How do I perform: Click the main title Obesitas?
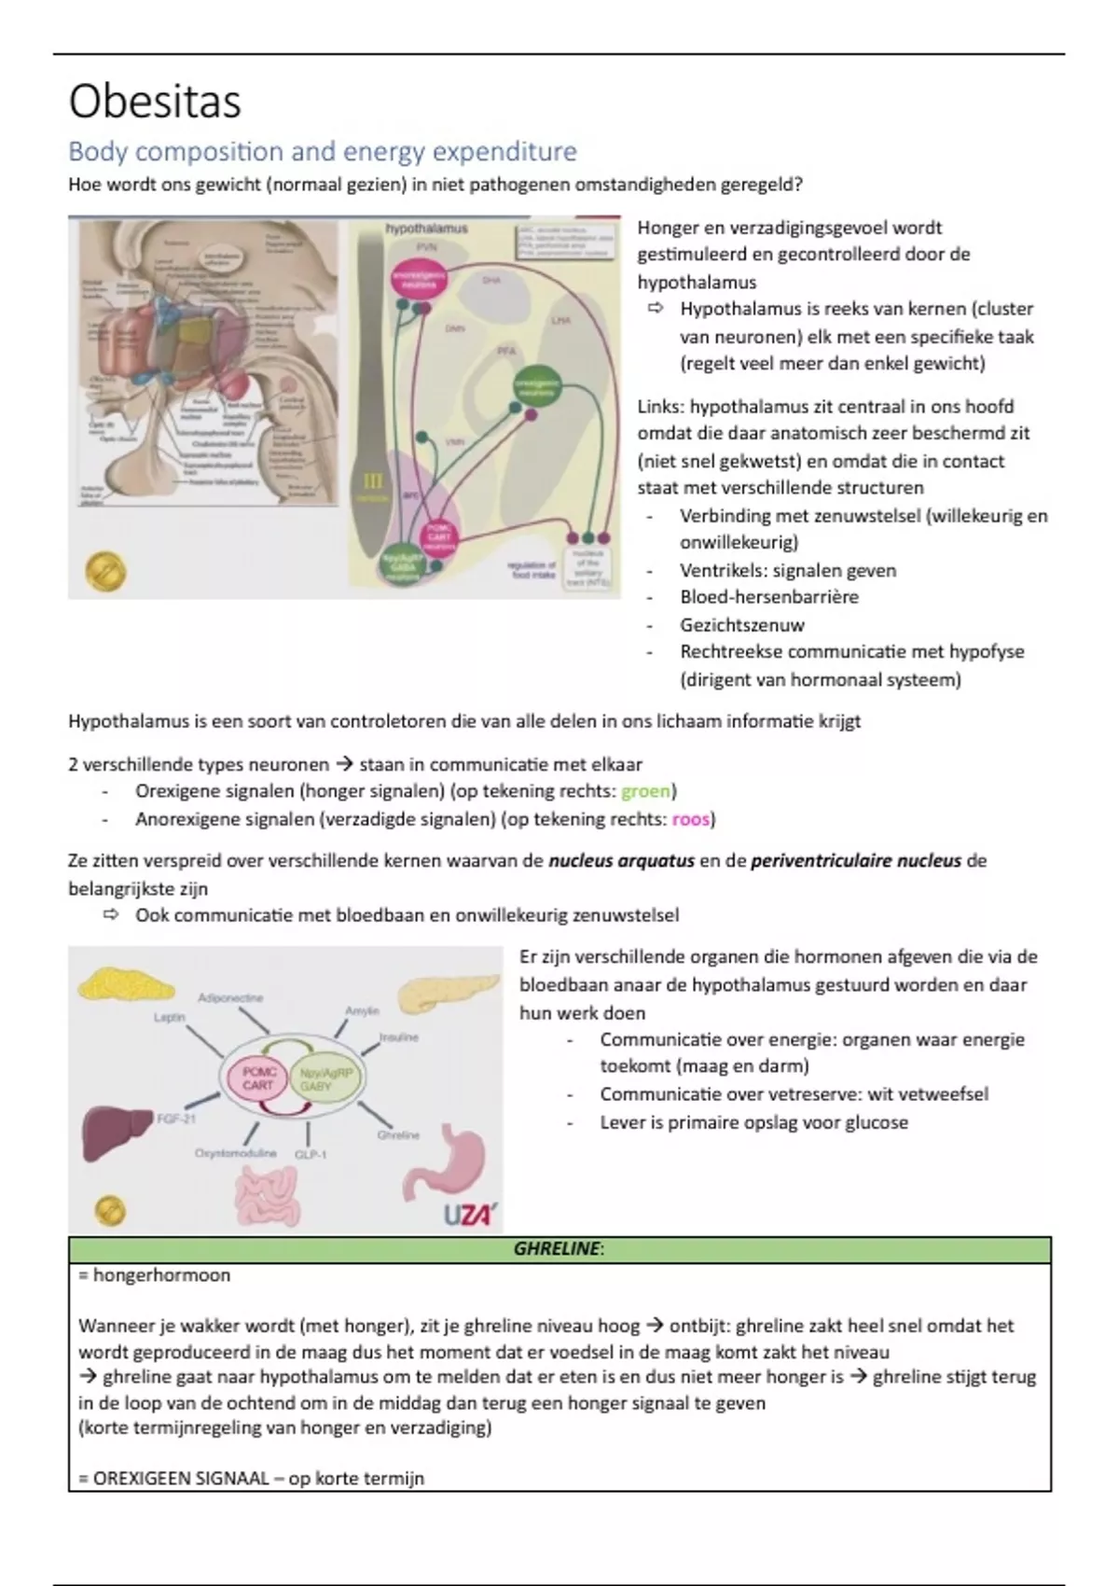tap(155, 101)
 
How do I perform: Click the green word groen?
tap(645, 791)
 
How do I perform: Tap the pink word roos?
tap(691, 819)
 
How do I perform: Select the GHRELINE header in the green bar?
tap(559, 1248)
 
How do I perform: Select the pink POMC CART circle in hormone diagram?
tap(257, 1079)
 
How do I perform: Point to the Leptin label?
tap(170, 1017)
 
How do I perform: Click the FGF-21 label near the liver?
tap(176, 1118)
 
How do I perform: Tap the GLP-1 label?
tap(311, 1154)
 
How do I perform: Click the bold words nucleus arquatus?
tap(621, 860)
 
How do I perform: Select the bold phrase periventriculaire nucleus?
tap(855, 860)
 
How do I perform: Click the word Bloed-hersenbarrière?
tap(768, 597)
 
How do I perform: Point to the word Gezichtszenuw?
tap(741, 625)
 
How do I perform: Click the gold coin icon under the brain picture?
tap(105, 572)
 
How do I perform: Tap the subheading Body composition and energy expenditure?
tap(323, 151)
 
